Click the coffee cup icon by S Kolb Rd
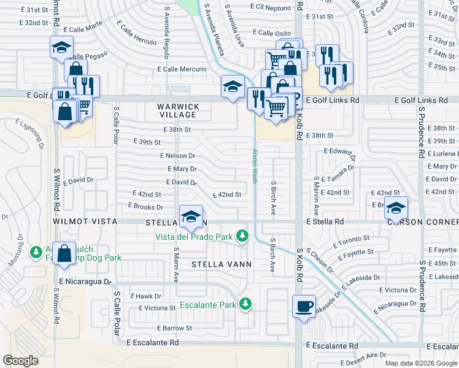(x=303, y=306)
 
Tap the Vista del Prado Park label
(x=194, y=236)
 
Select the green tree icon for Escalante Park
(x=245, y=304)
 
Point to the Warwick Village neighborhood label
(x=176, y=110)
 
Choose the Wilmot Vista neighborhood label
(x=83, y=221)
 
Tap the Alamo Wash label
(x=254, y=166)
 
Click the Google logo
(x=20, y=361)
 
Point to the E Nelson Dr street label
(x=177, y=156)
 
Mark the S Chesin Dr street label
(x=319, y=261)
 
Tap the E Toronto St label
(x=352, y=240)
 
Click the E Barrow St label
(x=174, y=328)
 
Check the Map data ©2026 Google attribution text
(x=421, y=363)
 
